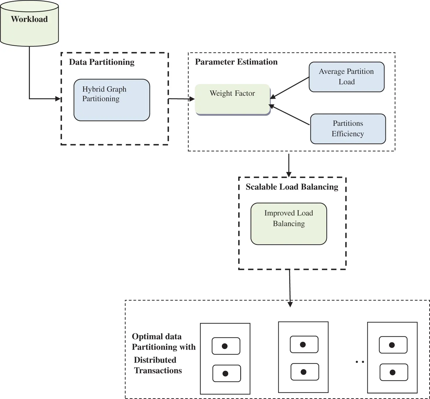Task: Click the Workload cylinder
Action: coord(29,23)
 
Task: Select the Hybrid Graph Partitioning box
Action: coord(112,100)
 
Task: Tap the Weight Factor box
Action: coord(232,99)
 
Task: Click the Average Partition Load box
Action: coord(347,77)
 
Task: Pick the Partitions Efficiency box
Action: coord(348,129)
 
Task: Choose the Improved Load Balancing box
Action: coord(288,224)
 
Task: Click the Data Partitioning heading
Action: coord(102,62)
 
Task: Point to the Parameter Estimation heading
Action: coord(236,62)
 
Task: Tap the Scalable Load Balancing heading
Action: coord(292,187)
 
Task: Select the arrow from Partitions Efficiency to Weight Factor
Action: coord(290,115)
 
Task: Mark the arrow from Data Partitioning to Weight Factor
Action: coord(181,99)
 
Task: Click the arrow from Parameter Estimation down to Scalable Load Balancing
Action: coord(289,165)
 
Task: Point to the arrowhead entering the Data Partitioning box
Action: coord(58,99)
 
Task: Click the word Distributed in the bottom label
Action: coord(155,360)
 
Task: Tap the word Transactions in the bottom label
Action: coord(158,370)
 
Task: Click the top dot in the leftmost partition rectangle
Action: coord(225,346)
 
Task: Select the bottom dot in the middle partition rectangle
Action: coord(303,372)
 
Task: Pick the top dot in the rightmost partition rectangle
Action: coord(392,345)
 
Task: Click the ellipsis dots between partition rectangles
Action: coord(360,362)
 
